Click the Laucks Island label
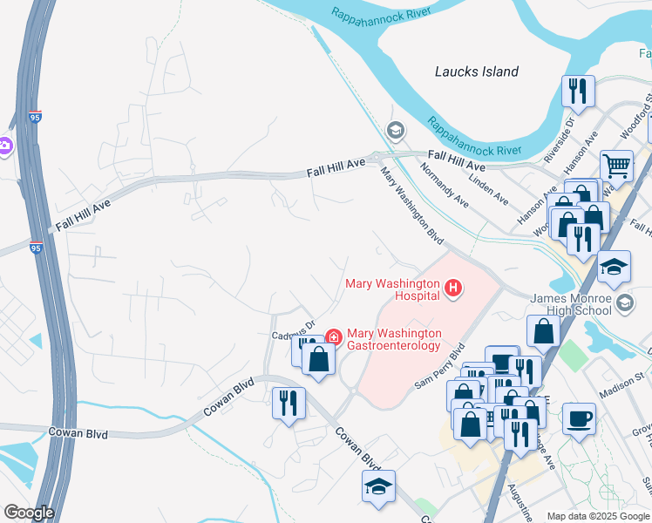pyautogui.click(x=477, y=71)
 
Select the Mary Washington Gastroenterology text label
pyautogui.click(x=395, y=340)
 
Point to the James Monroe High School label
pyautogui.click(x=571, y=304)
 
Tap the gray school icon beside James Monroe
pyautogui.click(x=624, y=302)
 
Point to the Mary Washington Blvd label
pyautogui.click(x=411, y=207)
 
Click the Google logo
pyautogui.click(x=28, y=512)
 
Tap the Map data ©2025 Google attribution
pyautogui.click(x=598, y=516)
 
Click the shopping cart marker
pyautogui.click(x=616, y=164)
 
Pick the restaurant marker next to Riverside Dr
pyautogui.click(x=578, y=90)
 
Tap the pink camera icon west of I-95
pyautogui.click(x=3, y=146)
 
